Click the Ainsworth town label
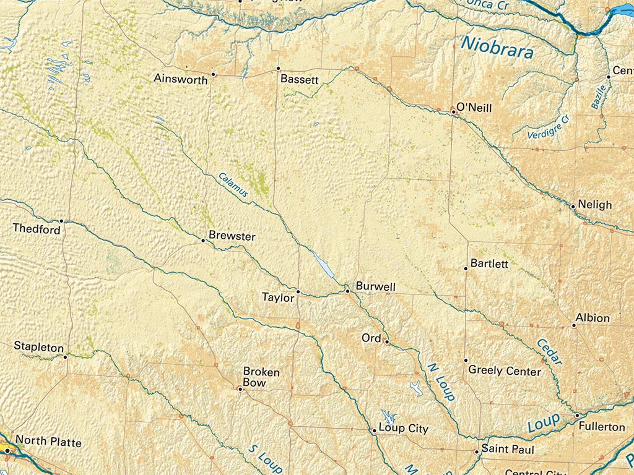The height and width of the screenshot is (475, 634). [x=180, y=79]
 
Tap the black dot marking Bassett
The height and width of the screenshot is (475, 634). [x=279, y=68]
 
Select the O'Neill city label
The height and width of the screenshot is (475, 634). [x=474, y=108]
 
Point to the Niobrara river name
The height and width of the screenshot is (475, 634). [x=497, y=48]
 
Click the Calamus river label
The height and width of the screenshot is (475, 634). [x=233, y=184]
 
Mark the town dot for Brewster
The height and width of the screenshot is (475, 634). [x=203, y=240]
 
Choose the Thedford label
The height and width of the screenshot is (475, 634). [x=37, y=229]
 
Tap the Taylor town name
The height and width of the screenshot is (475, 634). [x=277, y=297]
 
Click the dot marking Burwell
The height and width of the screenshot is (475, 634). [x=348, y=290]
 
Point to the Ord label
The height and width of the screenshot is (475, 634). [x=371, y=338]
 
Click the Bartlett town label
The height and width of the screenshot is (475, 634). [x=489, y=263]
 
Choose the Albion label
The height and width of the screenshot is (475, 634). [x=593, y=318]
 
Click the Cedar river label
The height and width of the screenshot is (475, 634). [x=549, y=352]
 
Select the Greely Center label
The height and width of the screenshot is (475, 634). [x=505, y=371]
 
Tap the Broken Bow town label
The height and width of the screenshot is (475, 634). [x=261, y=377]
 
